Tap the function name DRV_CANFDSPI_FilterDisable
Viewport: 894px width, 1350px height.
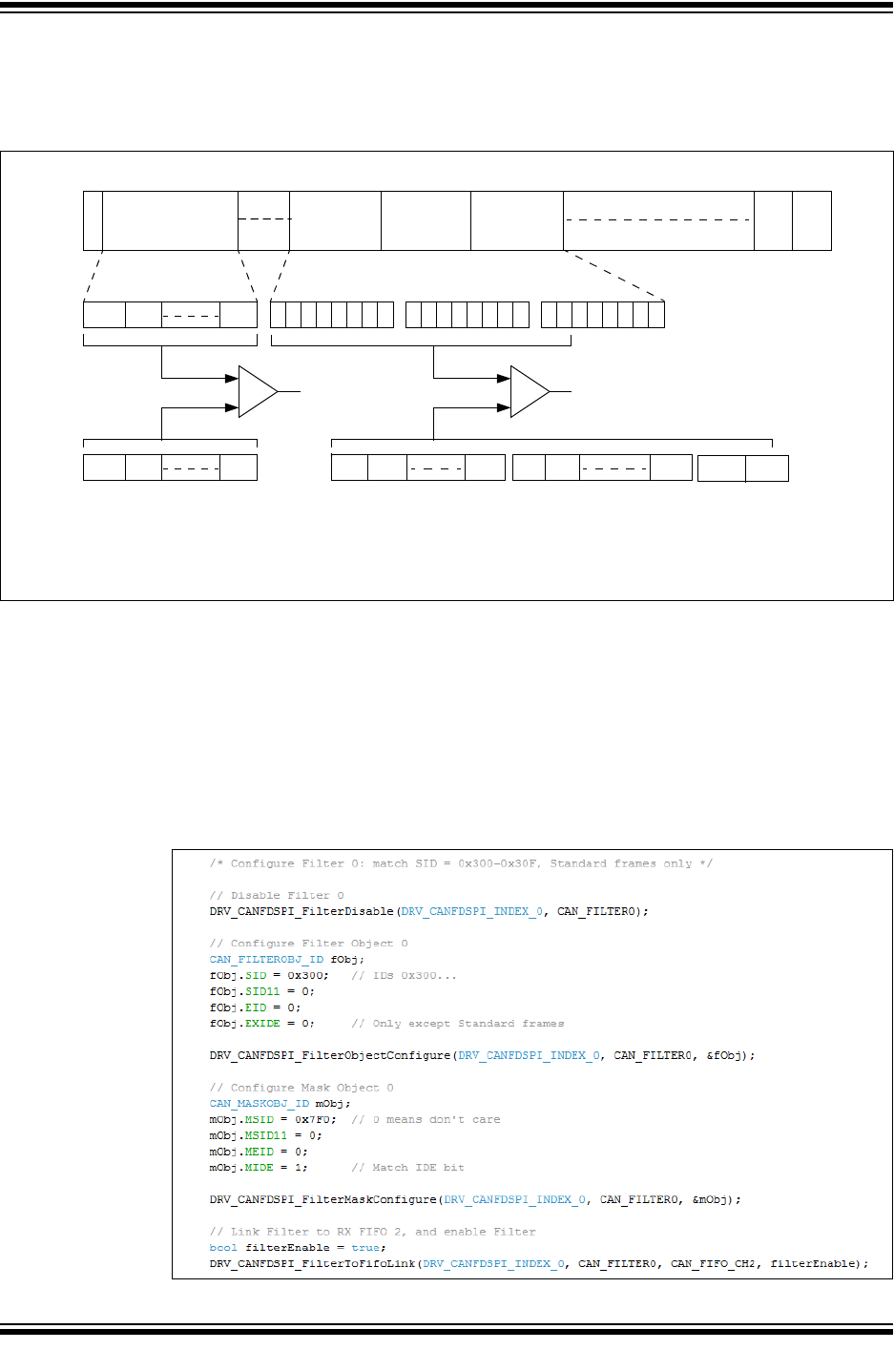[x=301, y=911]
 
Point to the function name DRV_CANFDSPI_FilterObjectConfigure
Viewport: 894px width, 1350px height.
[x=330, y=1055]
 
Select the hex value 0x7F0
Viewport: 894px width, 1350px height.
[x=315, y=1120]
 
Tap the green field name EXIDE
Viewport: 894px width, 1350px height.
[x=262, y=1024]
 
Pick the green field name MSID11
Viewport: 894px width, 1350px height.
[x=266, y=1135]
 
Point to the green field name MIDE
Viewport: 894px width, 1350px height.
[x=259, y=1168]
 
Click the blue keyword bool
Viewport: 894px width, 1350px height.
[x=223, y=1248]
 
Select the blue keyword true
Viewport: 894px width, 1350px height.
[x=365, y=1248]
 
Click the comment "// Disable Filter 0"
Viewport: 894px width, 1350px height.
[x=277, y=896]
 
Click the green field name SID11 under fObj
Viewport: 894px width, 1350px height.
[x=262, y=991]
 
